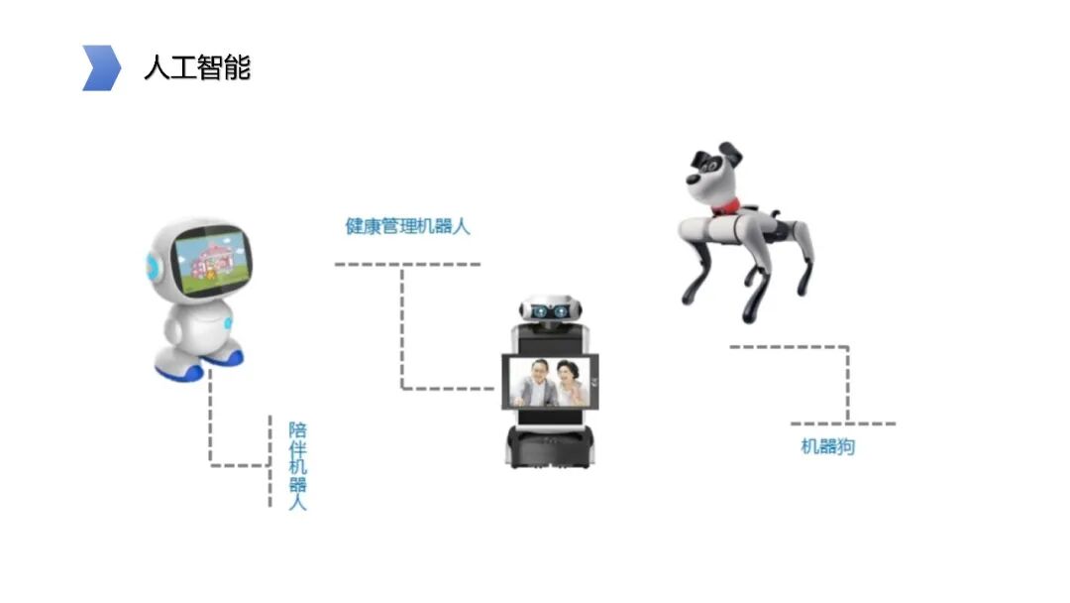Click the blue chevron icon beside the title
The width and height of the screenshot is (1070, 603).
tap(101, 67)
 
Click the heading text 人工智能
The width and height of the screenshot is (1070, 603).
tap(197, 67)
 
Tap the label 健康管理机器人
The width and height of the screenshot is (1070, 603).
tap(407, 226)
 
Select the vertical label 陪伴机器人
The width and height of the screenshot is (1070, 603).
tap(297, 466)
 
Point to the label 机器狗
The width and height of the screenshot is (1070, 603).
tap(827, 446)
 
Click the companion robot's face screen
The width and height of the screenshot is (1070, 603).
tap(211, 261)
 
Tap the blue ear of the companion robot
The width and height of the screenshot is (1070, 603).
tap(153, 264)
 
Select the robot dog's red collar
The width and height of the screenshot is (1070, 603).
tap(727, 206)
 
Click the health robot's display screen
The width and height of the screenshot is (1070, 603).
tap(550, 381)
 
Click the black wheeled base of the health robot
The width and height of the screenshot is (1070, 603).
tap(549, 448)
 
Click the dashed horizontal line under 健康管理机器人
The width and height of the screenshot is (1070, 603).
tap(407, 264)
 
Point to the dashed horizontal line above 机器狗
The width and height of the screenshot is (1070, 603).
tap(790, 347)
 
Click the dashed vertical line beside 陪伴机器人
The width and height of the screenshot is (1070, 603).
tap(270, 461)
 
